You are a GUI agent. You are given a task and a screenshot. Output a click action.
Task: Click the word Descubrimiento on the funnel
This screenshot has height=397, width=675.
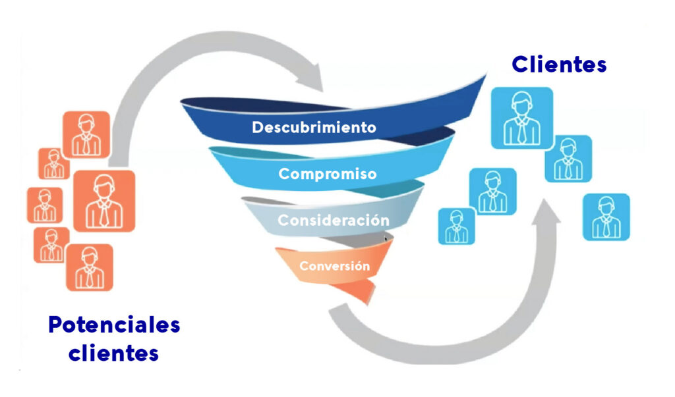coord(314,127)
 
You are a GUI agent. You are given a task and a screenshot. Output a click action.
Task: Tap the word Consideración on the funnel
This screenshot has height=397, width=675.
coord(333,220)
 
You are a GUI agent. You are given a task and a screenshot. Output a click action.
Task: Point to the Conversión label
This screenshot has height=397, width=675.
coord(334,267)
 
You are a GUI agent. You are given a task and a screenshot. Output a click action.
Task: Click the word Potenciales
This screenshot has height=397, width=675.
coord(114,325)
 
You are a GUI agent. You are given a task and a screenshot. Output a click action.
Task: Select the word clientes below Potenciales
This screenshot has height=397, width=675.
coord(114,354)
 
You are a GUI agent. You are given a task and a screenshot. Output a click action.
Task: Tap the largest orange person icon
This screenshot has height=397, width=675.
coord(104,201)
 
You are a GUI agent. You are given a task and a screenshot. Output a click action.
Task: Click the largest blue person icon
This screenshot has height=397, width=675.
coord(521,118)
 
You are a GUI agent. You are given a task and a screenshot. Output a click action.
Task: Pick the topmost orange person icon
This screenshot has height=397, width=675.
coord(86,134)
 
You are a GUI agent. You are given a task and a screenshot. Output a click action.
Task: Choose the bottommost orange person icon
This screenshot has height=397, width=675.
coord(89,268)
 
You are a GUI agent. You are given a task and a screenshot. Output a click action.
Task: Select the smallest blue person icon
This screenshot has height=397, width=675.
coord(456,226)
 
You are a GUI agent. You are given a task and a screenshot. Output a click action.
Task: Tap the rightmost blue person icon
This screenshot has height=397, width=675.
coord(606,217)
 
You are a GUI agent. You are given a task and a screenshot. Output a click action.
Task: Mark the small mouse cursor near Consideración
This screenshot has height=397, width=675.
coord(386,240)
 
